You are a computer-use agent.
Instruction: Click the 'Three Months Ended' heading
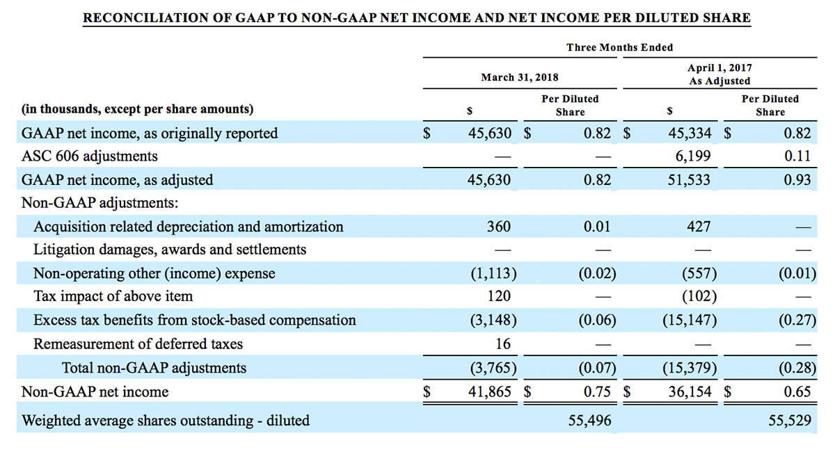point(619,47)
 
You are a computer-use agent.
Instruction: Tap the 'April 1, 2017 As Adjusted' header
point(719,74)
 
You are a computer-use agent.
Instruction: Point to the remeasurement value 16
point(503,344)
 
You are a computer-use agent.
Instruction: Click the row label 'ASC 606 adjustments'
point(90,156)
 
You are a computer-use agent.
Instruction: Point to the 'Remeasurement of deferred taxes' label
point(138,344)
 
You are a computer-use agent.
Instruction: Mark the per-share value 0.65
point(797,392)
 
